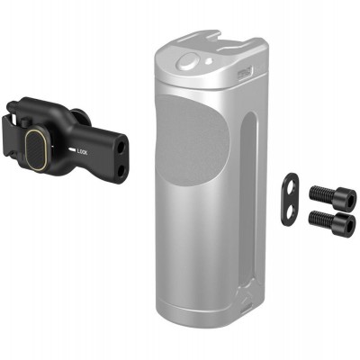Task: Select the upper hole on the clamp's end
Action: tap(115, 141)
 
